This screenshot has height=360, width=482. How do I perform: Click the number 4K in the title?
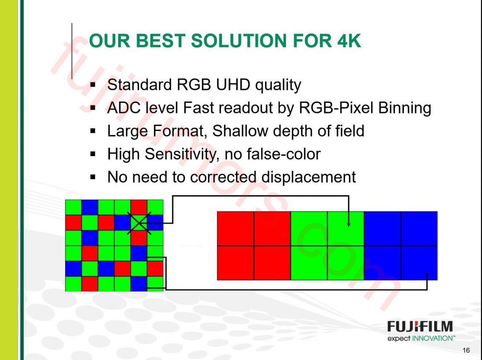(349, 41)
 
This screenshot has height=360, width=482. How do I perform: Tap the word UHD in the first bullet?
(233, 85)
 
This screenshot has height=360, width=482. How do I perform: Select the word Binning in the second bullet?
(405, 108)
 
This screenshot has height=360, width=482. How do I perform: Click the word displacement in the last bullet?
(309, 177)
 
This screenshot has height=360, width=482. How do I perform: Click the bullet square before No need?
(93, 178)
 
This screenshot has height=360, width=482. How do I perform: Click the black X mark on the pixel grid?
(139, 223)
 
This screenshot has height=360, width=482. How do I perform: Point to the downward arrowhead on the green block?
(348, 223)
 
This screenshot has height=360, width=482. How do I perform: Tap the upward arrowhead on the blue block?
(427, 275)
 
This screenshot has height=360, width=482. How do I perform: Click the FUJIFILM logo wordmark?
(420, 326)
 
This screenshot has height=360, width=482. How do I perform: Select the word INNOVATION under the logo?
(433, 338)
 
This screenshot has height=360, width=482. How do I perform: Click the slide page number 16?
(466, 351)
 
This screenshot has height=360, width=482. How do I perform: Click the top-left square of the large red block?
(236, 229)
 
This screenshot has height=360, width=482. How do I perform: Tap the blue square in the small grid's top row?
(90, 207)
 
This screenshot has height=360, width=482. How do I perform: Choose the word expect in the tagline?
(399, 338)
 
